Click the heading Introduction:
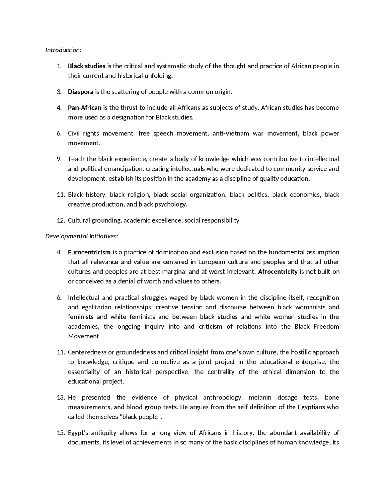pos(63,50)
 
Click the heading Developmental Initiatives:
pos(82,236)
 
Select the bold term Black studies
pos(87,66)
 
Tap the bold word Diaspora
pos(81,92)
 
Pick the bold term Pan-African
pos(85,108)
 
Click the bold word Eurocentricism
pos(89,252)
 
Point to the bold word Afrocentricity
pos(278,272)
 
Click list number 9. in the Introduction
pos(60,159)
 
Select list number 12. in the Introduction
pos(61,220)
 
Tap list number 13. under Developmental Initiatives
pos(61,398)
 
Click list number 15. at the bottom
pos(61,433)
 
